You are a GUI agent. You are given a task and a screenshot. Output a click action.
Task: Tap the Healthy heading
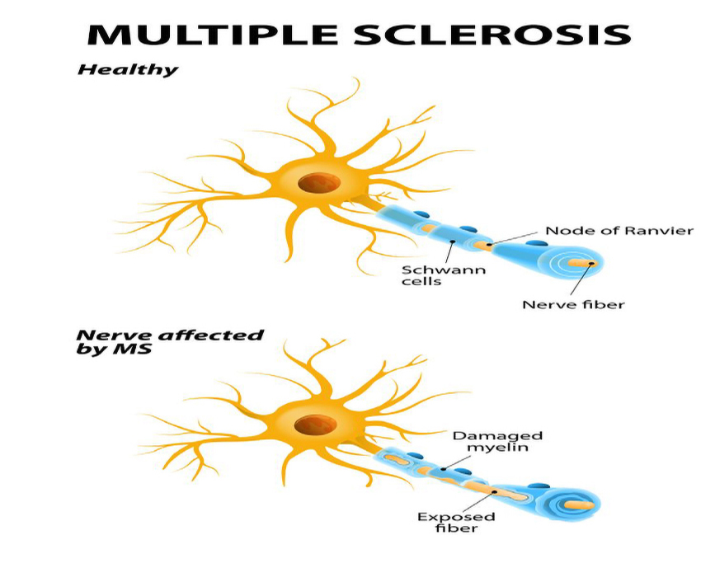click(x=127, y=70)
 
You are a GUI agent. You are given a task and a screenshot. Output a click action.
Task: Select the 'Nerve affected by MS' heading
click(x=170, y=341)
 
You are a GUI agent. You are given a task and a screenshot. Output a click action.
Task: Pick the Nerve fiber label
click(x=573, y=304)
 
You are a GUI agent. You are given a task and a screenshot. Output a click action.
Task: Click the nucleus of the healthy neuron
click(x=314, y=182)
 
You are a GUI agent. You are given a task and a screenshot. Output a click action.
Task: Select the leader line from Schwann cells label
click(x=449, y=251)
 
